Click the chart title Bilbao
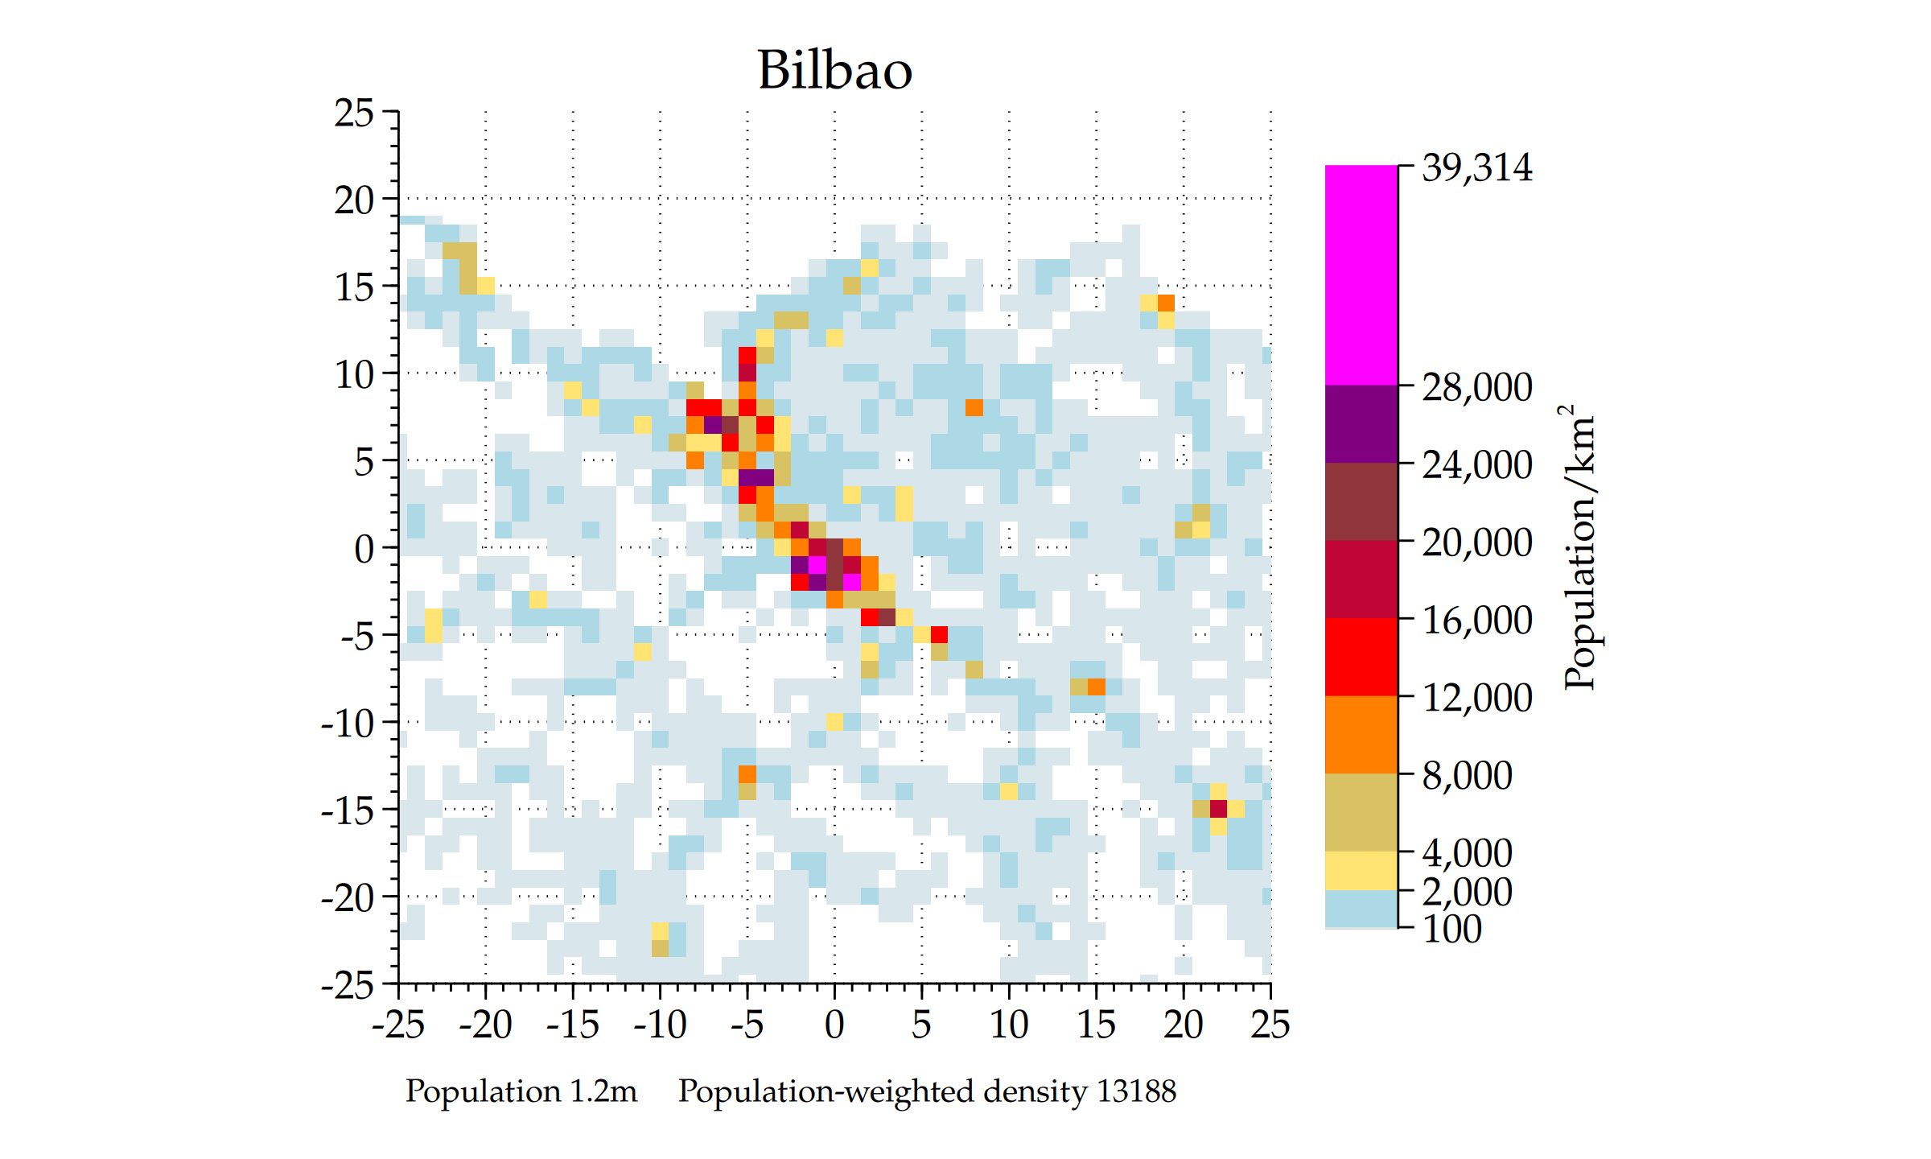tap(834, 70)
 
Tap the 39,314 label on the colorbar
tap(1476, 167)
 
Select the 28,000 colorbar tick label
tap(1476, 387)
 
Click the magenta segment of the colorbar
tap(1361, 274)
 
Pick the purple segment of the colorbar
tap(1361, 423)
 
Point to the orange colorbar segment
tap(1361, 734)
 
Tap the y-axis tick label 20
tap(354, 200)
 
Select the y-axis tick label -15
tap(348, 810)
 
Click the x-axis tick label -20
tap(485, 1025)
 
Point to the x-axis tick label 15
tap(1096, 1025)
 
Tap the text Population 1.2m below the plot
tap(521, 1091)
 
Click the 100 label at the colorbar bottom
tap(1451, 929)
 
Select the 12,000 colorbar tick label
tap(1476, 697)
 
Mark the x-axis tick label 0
tap(834, 1025)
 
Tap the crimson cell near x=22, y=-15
tap(1218, 808)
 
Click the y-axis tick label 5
tap(364, 461)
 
